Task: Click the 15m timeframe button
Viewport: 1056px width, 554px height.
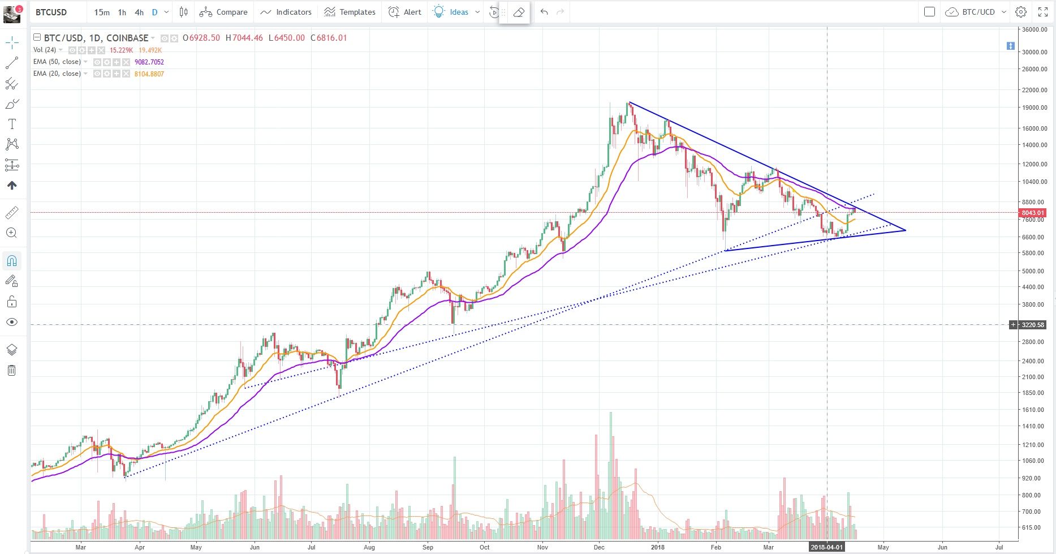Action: [x=102, y=12]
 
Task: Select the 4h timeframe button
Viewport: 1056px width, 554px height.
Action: [x=139, y=12]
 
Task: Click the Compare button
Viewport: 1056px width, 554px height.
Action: [x=223, y=12]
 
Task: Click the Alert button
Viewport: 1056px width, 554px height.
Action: [x=405, y=12]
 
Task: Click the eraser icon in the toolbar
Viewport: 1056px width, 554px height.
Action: [x=519, y=12]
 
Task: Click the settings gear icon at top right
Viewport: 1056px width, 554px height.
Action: [x=1021, y=12]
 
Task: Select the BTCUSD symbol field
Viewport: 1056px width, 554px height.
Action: [x=51, y=12]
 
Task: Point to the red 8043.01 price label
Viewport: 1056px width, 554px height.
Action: [x=1032, y=213]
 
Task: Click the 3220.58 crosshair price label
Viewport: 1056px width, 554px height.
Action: [x=1033, y=325]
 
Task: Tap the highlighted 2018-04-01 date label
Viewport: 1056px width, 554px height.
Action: [x=827, y=547]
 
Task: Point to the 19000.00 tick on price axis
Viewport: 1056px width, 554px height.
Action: [x=1035, y=108]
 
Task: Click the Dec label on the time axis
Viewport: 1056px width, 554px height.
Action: [x=599, y=547]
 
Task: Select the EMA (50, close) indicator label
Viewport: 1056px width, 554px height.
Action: [x=57, y=62]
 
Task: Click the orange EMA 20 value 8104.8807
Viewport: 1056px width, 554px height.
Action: [x=149, y=74]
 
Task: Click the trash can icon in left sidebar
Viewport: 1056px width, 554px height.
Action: [x=11, y=371]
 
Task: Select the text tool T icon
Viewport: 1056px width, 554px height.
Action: [x=11, y=124]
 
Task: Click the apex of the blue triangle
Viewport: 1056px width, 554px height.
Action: [x=906, y=230]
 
